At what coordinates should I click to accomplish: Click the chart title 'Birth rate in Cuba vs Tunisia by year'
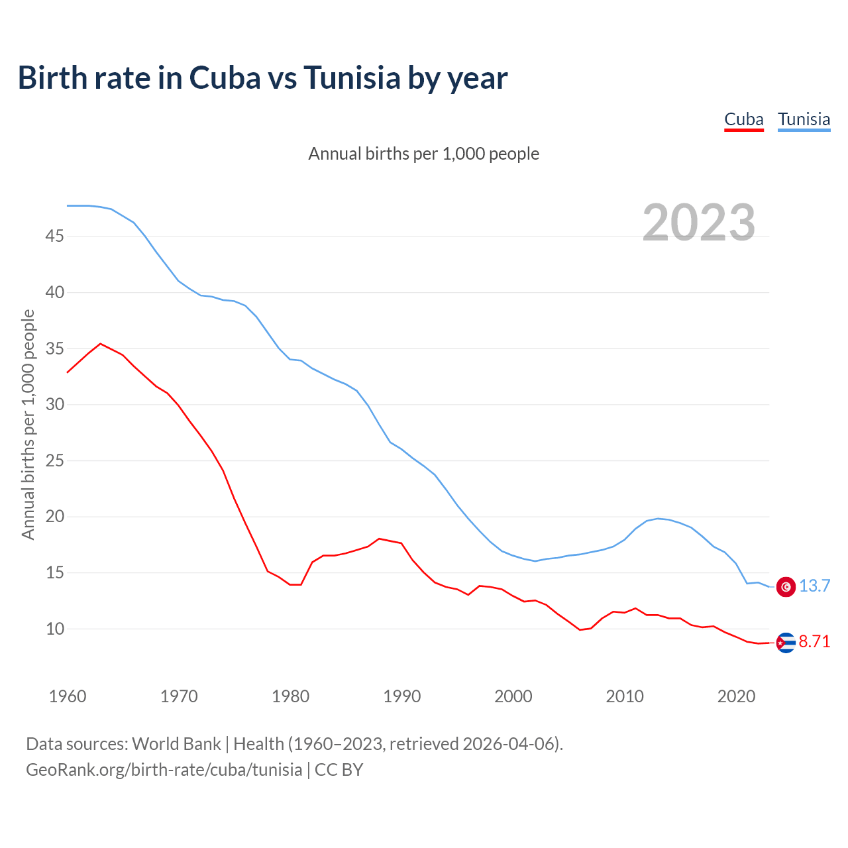pyautogui.click(x=262, y=78)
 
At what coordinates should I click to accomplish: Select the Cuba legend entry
pyautogui.click(x=743, y=120)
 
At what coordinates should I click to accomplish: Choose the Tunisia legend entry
pyautogui.click(x=804, y=120)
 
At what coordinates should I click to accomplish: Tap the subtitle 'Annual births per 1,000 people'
pyautogui.click(x=424, y=154)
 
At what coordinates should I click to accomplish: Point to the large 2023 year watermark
pyautogui.click(x=699, y=222)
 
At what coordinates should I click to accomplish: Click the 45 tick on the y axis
pyautogui.click(x=54, y=236)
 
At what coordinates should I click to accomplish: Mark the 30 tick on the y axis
pyautogui.click(x=54, y=404)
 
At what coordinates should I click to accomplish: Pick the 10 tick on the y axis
pyautogui.click(x=54, y=629)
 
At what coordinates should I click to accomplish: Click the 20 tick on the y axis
pyautogui.click(x=54, y=516)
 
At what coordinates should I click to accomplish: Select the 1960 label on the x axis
pyautogui.click(x=68, y=696)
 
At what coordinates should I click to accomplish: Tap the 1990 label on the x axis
pyautogui.click(x=402, y=696)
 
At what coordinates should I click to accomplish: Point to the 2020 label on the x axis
pyautogui.click(x=736, y=696)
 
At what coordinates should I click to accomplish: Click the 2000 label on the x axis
pyautogui.click(x=513, y=696)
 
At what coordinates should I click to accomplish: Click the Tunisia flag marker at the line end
pyautogui.click(x=786, y=586)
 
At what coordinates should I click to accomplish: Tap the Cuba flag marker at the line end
pyautogui.click(x=786, y=643)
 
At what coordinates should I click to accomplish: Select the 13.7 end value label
pyautogui.click(x=814, y=586)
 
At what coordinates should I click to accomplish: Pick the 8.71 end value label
pyautogui.click(x=814, y=642)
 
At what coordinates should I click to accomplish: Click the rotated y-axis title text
pyautogui.click(x=28, y=424)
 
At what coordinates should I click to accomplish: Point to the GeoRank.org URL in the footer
pyautogui.click(x=164, y=770)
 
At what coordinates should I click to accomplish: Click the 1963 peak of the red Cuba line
pyautogui.click(x=100, y=344)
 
